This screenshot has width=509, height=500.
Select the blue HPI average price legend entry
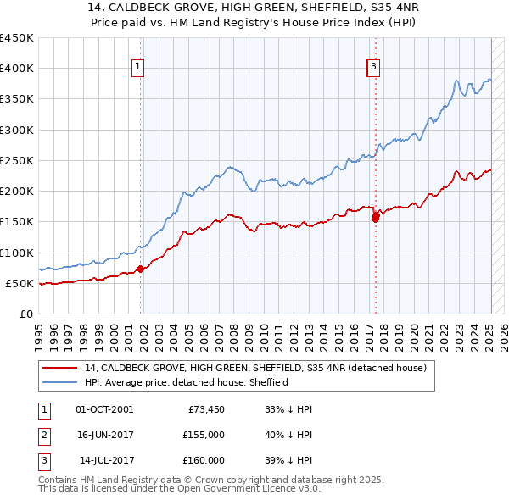click(x=187, y=382)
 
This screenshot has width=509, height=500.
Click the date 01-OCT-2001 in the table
click(x=104, y=409)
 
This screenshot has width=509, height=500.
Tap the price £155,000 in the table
click(x=204, y=435)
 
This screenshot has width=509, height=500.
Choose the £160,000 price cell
click(x=204, y=460)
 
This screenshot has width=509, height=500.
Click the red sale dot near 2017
click(x=375, y=218)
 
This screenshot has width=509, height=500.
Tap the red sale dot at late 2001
click(x=141, y=269)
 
